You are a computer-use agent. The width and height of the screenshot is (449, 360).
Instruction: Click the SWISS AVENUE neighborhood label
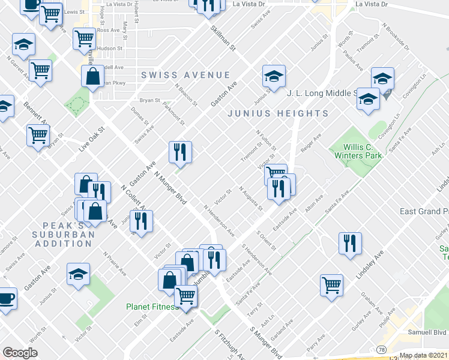click(x=185, y=75)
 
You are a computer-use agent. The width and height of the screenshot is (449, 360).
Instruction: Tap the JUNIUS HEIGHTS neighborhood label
click(x=277, y=113)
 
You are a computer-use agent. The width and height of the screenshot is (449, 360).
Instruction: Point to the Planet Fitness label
click(x=152, y=307)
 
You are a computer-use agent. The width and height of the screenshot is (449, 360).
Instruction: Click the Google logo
click(x=20, y=353)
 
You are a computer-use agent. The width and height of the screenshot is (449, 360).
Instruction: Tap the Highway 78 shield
click(x=381, y=349)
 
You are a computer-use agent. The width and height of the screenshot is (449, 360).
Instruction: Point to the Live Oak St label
click(x=91, y=138)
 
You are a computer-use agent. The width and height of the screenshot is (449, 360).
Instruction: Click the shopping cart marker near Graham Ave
click(x=331, y=285)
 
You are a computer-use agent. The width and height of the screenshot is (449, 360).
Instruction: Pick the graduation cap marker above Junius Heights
click(x=273, y=76)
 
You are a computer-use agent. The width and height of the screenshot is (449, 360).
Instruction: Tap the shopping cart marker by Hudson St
click(x=83, y=38)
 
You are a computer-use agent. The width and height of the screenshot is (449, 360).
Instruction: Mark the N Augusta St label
click(x=251, y=199)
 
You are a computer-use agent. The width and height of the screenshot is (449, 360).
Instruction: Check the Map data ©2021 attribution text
click(x=423, y=355)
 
